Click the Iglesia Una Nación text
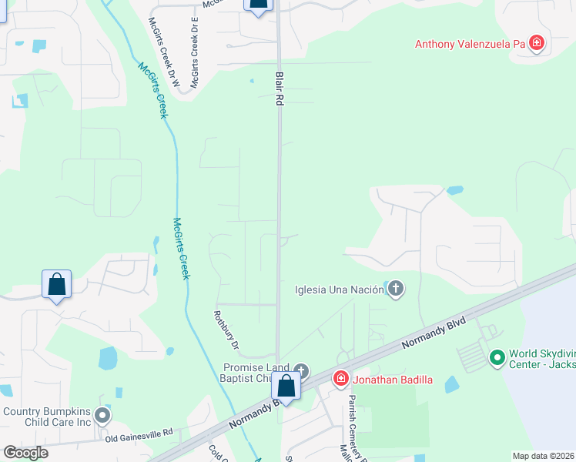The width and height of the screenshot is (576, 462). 339,290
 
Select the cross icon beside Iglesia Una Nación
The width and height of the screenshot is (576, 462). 396,290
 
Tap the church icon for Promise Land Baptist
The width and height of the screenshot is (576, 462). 300,371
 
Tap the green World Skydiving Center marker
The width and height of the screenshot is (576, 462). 497,358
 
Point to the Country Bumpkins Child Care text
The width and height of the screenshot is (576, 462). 46,417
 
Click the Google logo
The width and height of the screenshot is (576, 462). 25,453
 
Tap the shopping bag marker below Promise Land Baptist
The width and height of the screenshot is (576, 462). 286,387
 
